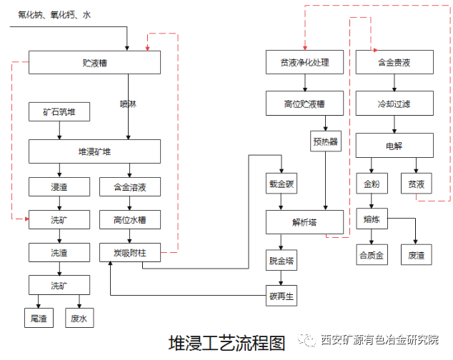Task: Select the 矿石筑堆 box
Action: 59,113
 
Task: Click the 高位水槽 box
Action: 129,219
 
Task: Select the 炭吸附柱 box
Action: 129,251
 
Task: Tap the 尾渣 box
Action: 39,317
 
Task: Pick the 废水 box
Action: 79,317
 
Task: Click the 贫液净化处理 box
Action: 304,63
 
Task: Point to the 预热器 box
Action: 325,141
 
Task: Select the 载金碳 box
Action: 282,184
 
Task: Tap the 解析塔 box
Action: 304,221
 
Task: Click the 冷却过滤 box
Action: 394,104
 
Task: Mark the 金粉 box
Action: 371,184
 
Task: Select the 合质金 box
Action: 371,254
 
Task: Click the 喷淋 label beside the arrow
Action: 128,104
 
